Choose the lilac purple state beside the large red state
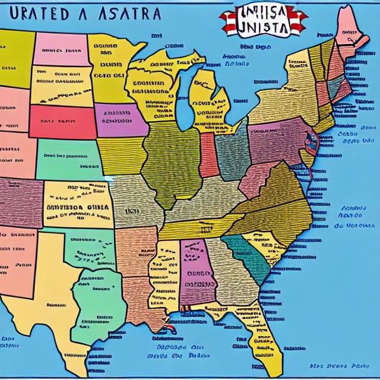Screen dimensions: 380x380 (x=120, y=121)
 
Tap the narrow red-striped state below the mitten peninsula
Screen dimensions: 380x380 (x=207, y=154)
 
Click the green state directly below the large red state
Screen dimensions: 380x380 (x=68, y=159)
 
